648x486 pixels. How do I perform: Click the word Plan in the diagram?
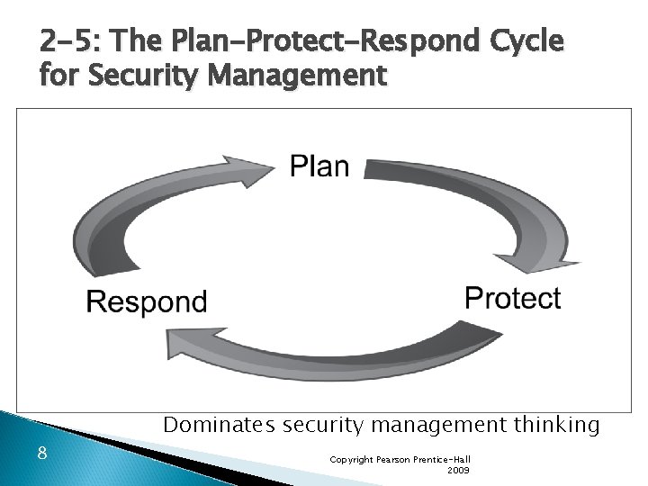[319, 166]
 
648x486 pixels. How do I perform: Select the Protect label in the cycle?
[512, 299]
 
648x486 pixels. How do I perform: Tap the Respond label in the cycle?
[147, 301]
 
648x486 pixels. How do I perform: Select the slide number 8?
[42, 452]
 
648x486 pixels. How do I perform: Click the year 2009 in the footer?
[457, 470]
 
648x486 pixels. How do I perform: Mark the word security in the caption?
[321, 424]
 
